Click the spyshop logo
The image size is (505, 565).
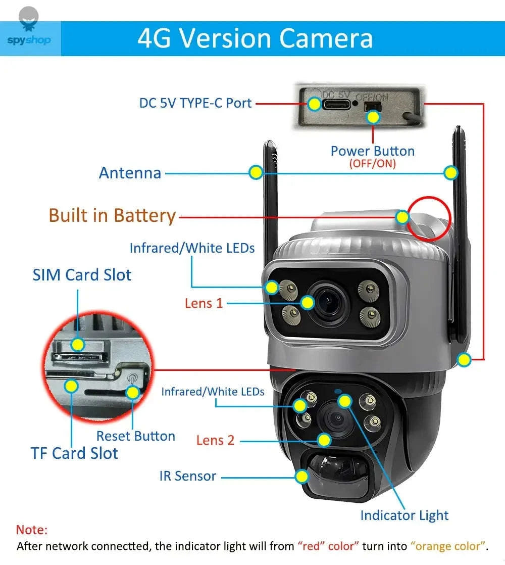(29, 31)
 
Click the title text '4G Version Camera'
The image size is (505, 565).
(255, 38)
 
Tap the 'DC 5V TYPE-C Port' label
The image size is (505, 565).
(195, 103)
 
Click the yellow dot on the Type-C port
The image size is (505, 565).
(315, 105)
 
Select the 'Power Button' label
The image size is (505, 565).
(372, 151)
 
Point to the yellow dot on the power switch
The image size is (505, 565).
(373, 117)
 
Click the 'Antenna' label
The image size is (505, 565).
(130, 173)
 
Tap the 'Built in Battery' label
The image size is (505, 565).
(112, 216)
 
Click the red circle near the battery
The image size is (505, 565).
(429, 218)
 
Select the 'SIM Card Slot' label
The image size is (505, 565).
(82, 275)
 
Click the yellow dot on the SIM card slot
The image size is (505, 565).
(77, 345)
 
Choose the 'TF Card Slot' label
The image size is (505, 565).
(74, 453)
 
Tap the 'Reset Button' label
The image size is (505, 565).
(136, 436)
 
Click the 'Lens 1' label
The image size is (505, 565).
(204, 303)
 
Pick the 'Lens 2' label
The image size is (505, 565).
(216, 440)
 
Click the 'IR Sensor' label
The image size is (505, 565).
(188, 476)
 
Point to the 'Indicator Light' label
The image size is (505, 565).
(404, 515)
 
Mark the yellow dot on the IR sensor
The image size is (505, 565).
(302, 476)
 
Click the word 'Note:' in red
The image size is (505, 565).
(32, 530)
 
